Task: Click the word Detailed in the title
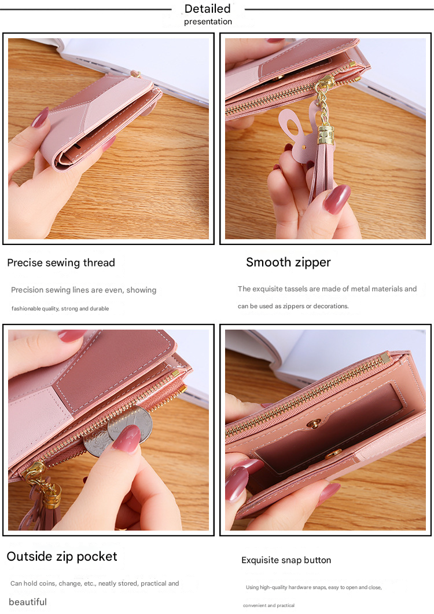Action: (207, 9)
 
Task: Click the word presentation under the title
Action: (208, 22)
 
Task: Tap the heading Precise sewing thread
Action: (61, 263)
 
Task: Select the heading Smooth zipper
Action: (288, 262)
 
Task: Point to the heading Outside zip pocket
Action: (62, 557)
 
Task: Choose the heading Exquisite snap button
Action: (286, 560)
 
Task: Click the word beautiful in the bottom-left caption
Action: (28, 602)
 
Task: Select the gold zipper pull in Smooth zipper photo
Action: (325, 83)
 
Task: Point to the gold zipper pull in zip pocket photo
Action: (35, 469)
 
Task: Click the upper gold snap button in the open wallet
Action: (314, 424)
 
